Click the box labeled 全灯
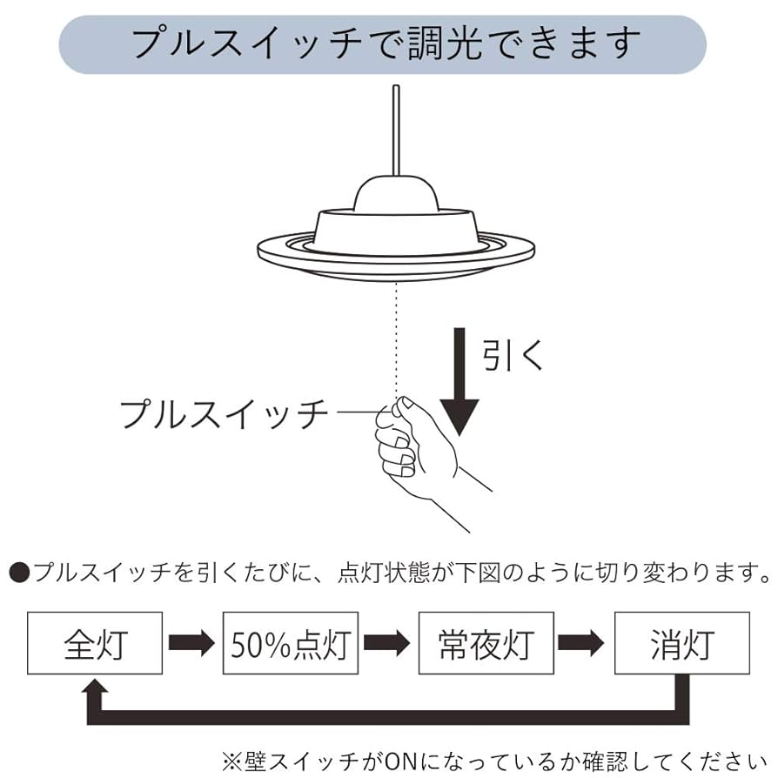[95, 643]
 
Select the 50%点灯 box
[291, 643]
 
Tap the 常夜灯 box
[486, 643]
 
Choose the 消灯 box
[681, 643]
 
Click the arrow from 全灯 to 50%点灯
[191, 643]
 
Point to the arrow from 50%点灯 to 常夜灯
[387, 643]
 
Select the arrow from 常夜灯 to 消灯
[582, 643]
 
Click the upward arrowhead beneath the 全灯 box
[95, 690]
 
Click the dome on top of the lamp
[396, 191]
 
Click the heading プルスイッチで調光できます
[383, 44]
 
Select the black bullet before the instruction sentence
[19, 573]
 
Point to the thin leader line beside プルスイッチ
[357, 411]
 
